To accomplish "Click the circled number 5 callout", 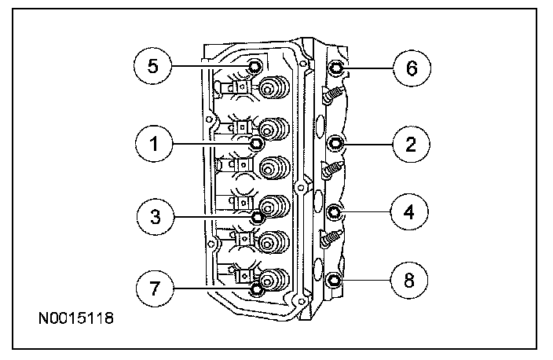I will coord(152,66).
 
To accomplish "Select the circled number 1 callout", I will coord(152,143).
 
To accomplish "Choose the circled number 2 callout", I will coord(412,143).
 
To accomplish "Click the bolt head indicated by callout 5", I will coord(255,66).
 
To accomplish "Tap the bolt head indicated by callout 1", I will coord(255,143).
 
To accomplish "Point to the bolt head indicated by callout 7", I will coord(256,290).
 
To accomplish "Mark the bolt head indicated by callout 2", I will coord(335,143).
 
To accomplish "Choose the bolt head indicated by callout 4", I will coord(335,211).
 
